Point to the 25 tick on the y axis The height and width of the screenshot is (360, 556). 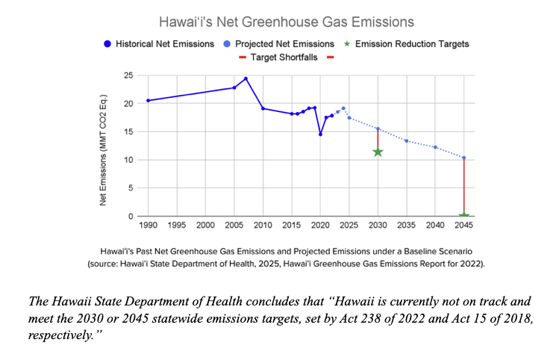click(128, 76)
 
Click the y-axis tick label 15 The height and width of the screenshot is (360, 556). click(128, 132)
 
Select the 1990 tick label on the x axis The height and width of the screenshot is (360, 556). click(148, 225)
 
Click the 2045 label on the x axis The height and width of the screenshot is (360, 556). click(463, 225)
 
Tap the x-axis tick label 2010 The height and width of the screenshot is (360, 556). click(263, 225)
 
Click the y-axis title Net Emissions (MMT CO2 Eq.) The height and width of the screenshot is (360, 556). click(104, 150)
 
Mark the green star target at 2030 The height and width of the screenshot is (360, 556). click(378, 152)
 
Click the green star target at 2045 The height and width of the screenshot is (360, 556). click(463, 216)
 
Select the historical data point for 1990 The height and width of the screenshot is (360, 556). click(148, 100)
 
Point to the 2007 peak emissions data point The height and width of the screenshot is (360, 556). click(246, 78)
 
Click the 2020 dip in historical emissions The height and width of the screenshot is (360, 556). click(320, 134)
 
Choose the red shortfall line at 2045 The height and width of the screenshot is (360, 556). click(463, 187)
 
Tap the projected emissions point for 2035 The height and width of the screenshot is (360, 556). click(406, 140)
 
